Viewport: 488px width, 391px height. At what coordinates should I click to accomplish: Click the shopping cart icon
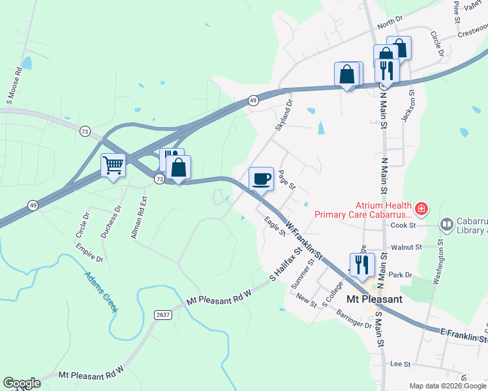114,166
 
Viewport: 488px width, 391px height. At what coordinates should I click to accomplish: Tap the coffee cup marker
261,179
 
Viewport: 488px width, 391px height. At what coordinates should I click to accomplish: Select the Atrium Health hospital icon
421,209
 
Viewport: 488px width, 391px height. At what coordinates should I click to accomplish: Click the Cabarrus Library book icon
447,225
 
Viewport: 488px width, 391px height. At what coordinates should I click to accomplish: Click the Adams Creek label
100,291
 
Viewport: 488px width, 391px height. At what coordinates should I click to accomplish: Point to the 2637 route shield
163,315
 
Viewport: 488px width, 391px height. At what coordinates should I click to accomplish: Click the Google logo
22,383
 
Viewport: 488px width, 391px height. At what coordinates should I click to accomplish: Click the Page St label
287,180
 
